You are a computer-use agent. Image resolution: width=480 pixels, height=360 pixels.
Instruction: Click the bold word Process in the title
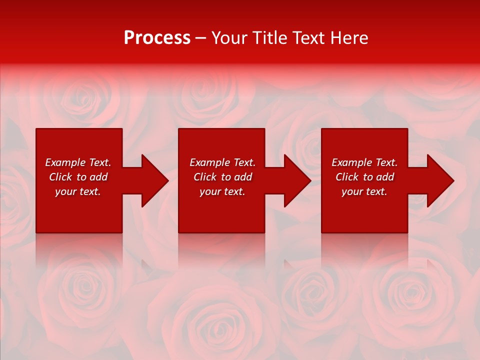click(157, 38)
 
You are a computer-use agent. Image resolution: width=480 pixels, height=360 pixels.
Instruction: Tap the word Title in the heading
click(268, 38)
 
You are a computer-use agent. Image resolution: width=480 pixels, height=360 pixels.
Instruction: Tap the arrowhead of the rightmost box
click(439, 180)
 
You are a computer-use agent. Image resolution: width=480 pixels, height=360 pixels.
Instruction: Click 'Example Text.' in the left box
click(78, 162)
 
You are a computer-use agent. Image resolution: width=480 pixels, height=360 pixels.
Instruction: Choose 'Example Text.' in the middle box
click(222, 162)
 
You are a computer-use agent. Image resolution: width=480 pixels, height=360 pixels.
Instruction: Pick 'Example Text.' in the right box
click(364, 162)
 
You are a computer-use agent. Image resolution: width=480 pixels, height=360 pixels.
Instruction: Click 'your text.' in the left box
click(78, 191)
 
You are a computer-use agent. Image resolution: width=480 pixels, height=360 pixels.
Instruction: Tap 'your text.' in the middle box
click(222, 191)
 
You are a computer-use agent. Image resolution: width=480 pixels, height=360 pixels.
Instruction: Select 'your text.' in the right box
click(364, 191)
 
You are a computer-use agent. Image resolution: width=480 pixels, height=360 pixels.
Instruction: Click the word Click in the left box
click(60, 177)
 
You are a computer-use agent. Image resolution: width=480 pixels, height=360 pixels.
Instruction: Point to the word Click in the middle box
click(205, 177)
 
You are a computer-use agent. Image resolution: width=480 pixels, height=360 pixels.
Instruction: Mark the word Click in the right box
click(347, 177)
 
